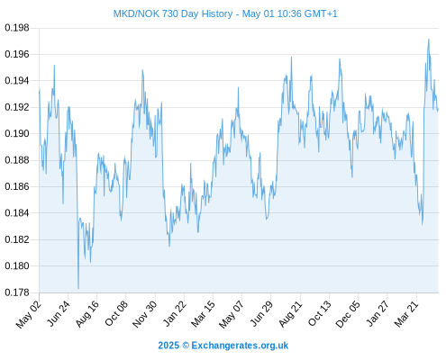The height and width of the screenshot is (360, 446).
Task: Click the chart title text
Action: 225,13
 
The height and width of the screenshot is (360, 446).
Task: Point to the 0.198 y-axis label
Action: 17,28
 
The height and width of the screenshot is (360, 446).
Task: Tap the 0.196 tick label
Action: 17,54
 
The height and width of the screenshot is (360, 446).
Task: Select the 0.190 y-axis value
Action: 17,133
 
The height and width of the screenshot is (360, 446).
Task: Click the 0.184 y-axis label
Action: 17,213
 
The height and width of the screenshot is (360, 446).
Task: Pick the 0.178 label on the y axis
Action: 17,292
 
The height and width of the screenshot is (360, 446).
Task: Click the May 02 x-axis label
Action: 28,314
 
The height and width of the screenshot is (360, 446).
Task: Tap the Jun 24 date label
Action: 59,313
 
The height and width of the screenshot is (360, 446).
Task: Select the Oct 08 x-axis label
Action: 116,313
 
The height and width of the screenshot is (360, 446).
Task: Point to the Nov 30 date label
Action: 145,314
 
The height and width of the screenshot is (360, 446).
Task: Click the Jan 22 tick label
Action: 175,313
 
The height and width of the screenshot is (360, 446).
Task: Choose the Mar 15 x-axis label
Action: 204,313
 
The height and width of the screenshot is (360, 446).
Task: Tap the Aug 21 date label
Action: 290,313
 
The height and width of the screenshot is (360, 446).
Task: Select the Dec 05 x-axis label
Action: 348,314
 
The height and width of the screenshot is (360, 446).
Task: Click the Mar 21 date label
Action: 406,313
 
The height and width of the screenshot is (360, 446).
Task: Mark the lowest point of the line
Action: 78,289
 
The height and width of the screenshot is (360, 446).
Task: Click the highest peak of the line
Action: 429,39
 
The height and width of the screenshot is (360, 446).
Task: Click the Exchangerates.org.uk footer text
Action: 240,346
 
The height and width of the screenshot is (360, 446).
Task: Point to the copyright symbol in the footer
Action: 186,346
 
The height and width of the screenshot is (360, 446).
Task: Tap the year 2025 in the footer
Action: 168,346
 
